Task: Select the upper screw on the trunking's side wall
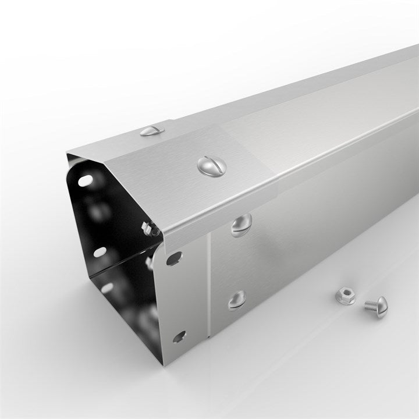coord(241,225)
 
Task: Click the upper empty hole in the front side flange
coord(174,258)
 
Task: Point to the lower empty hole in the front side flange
coord(179,336)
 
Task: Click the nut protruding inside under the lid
coord(151,229)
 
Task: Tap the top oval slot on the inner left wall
coord(85,180)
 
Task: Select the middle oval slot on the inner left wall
coord(100,252)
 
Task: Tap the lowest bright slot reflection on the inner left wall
coord(108,288)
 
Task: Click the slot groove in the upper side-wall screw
coord(241,225)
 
